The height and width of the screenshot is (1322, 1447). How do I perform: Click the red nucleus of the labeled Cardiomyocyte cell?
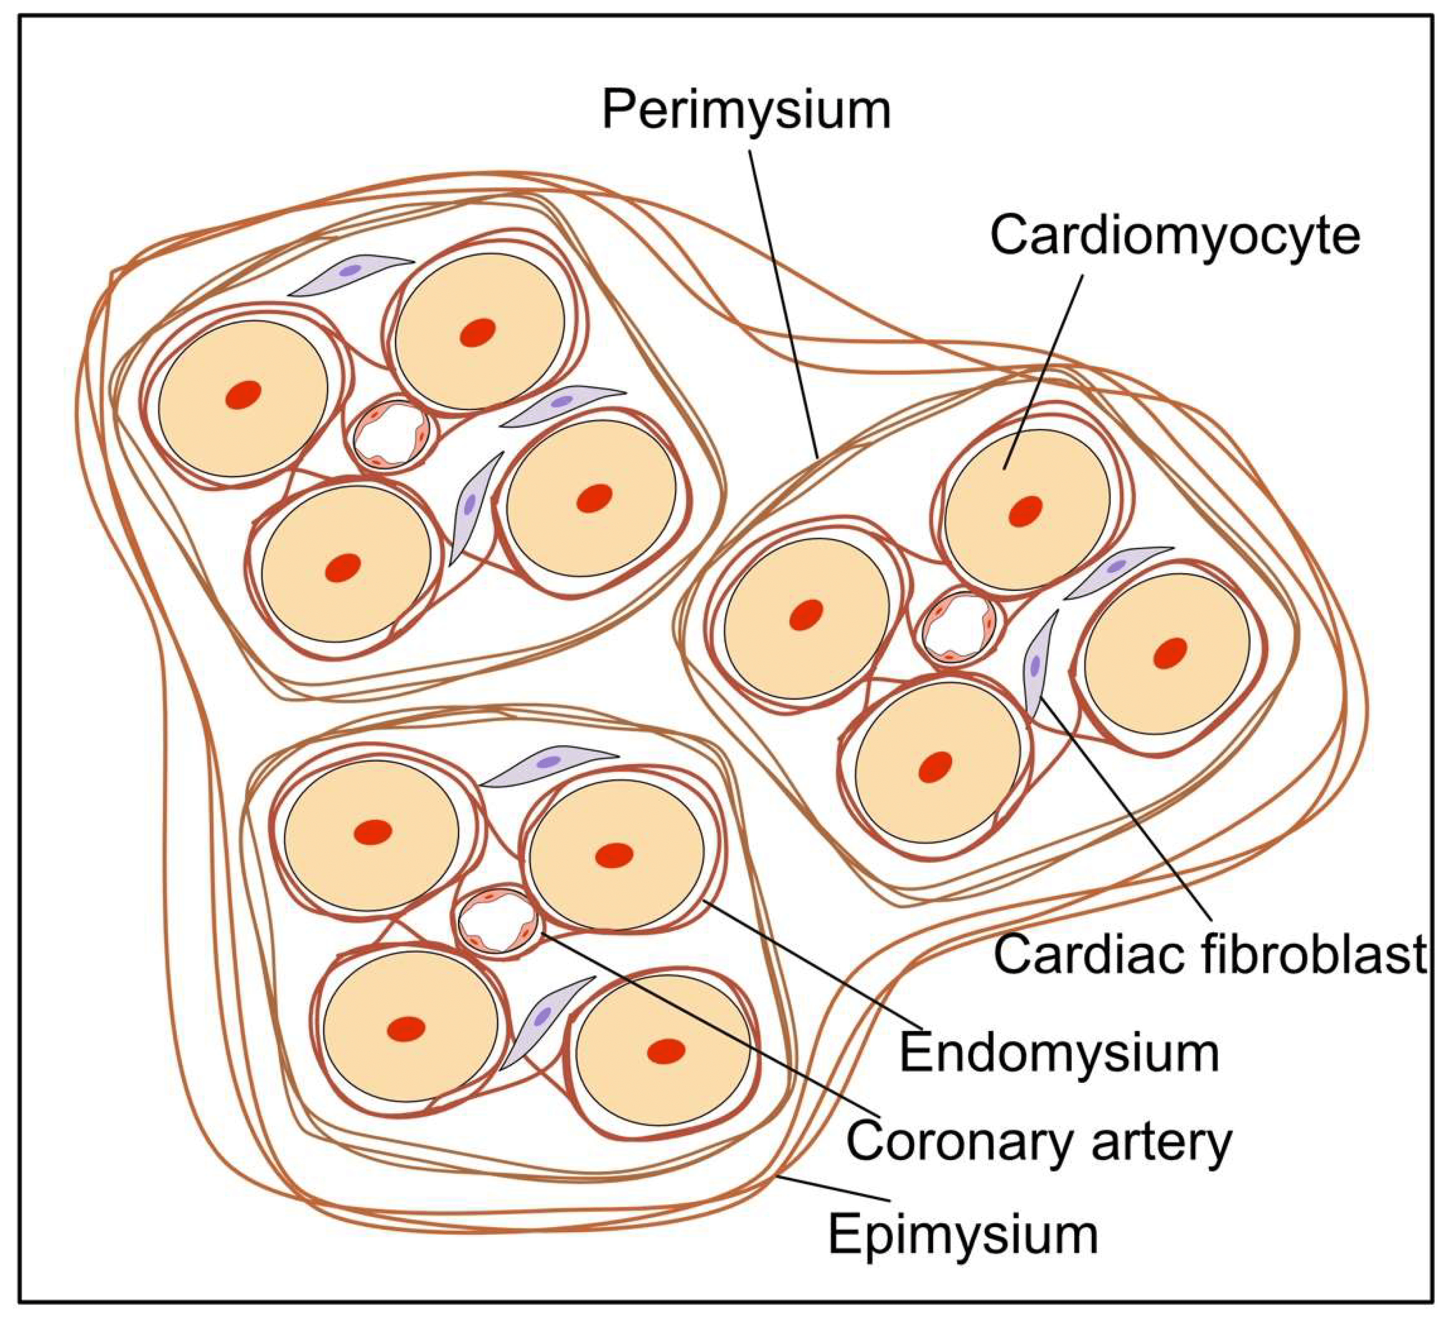[x=1025, y=511]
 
